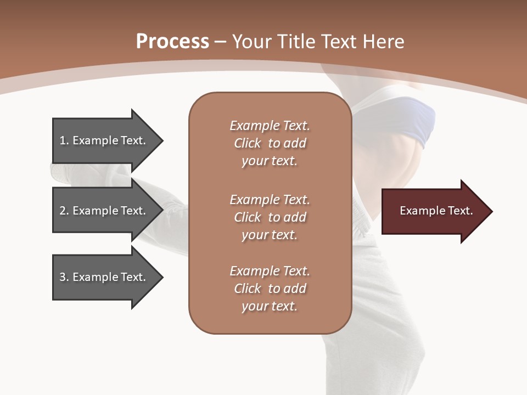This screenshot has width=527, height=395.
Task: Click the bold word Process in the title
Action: click(172, 42)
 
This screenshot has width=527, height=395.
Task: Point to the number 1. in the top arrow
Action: click(64, 140)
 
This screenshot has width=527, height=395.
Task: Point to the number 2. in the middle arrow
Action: click(64, 211)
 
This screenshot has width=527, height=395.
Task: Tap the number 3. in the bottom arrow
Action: click(64, 277)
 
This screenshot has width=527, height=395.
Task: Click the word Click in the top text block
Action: click(248, 143)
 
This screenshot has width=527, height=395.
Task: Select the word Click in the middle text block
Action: click(248, 217)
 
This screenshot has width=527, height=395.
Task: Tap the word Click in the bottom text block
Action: click(248, 289)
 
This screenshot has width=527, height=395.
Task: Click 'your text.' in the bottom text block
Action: click(270, 306)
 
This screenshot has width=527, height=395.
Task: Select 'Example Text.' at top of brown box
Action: click(270, 126)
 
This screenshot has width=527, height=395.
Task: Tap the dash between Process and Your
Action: click(221, 42)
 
